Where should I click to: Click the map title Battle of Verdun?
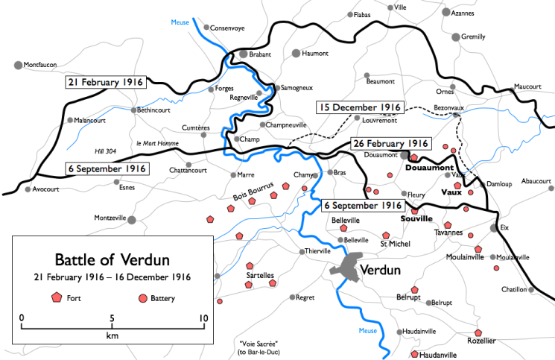112,260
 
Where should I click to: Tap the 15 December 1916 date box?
359,107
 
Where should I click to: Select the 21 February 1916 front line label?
106,83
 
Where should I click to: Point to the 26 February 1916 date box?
390,143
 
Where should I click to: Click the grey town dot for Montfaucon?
18,66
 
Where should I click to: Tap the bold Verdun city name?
381,269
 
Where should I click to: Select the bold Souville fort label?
416,219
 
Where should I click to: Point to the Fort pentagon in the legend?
56,297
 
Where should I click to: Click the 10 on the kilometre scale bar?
203,318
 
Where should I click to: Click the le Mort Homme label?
155,142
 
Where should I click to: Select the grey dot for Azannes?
446,12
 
